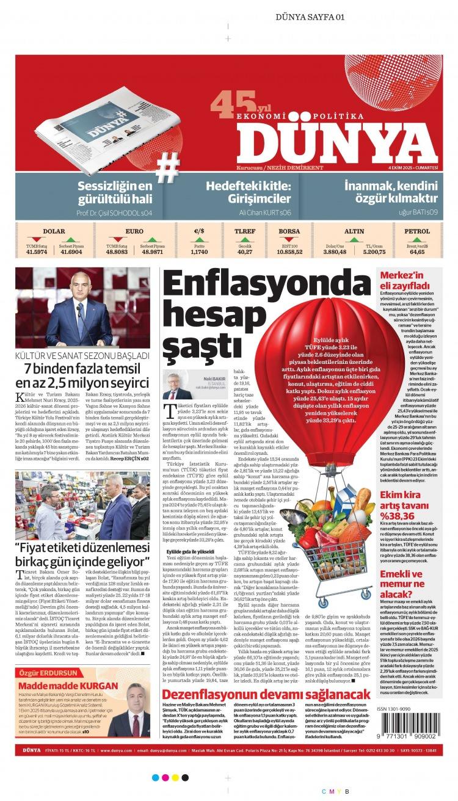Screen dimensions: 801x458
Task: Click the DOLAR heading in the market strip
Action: (54, 231)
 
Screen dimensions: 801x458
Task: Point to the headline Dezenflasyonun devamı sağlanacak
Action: (266, 694)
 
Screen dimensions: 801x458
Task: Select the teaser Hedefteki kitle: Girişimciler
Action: (250, 192)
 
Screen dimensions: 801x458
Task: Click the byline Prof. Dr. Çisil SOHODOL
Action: (114, 213)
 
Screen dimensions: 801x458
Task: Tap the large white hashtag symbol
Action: (168, 167)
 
